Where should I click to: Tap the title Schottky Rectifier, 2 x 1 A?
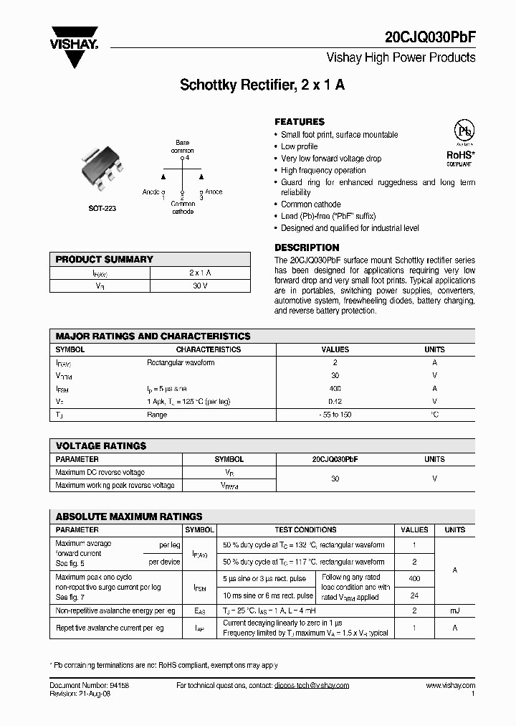tap(262, 85)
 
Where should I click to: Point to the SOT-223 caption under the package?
tap(102, 208)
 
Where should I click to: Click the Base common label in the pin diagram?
tap(182, 147)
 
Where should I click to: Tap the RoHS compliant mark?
tap(460, 156)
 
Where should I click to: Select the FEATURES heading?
tap(300, 122)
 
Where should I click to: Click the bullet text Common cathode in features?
tap(311, 204)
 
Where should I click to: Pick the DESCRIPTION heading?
tap(307, 247)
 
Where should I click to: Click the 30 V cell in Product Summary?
tap(200, 286)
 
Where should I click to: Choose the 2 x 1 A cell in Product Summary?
tap(200, 273)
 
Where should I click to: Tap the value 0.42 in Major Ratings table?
tap(335, 401)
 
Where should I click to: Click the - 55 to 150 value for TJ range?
tap(335, 415)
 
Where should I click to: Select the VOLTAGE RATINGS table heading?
tap(101, 445)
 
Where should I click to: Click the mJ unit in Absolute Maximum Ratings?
tap(454, 610)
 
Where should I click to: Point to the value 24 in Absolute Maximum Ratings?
tap(414, 595)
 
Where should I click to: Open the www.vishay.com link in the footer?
tap(450, 686)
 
